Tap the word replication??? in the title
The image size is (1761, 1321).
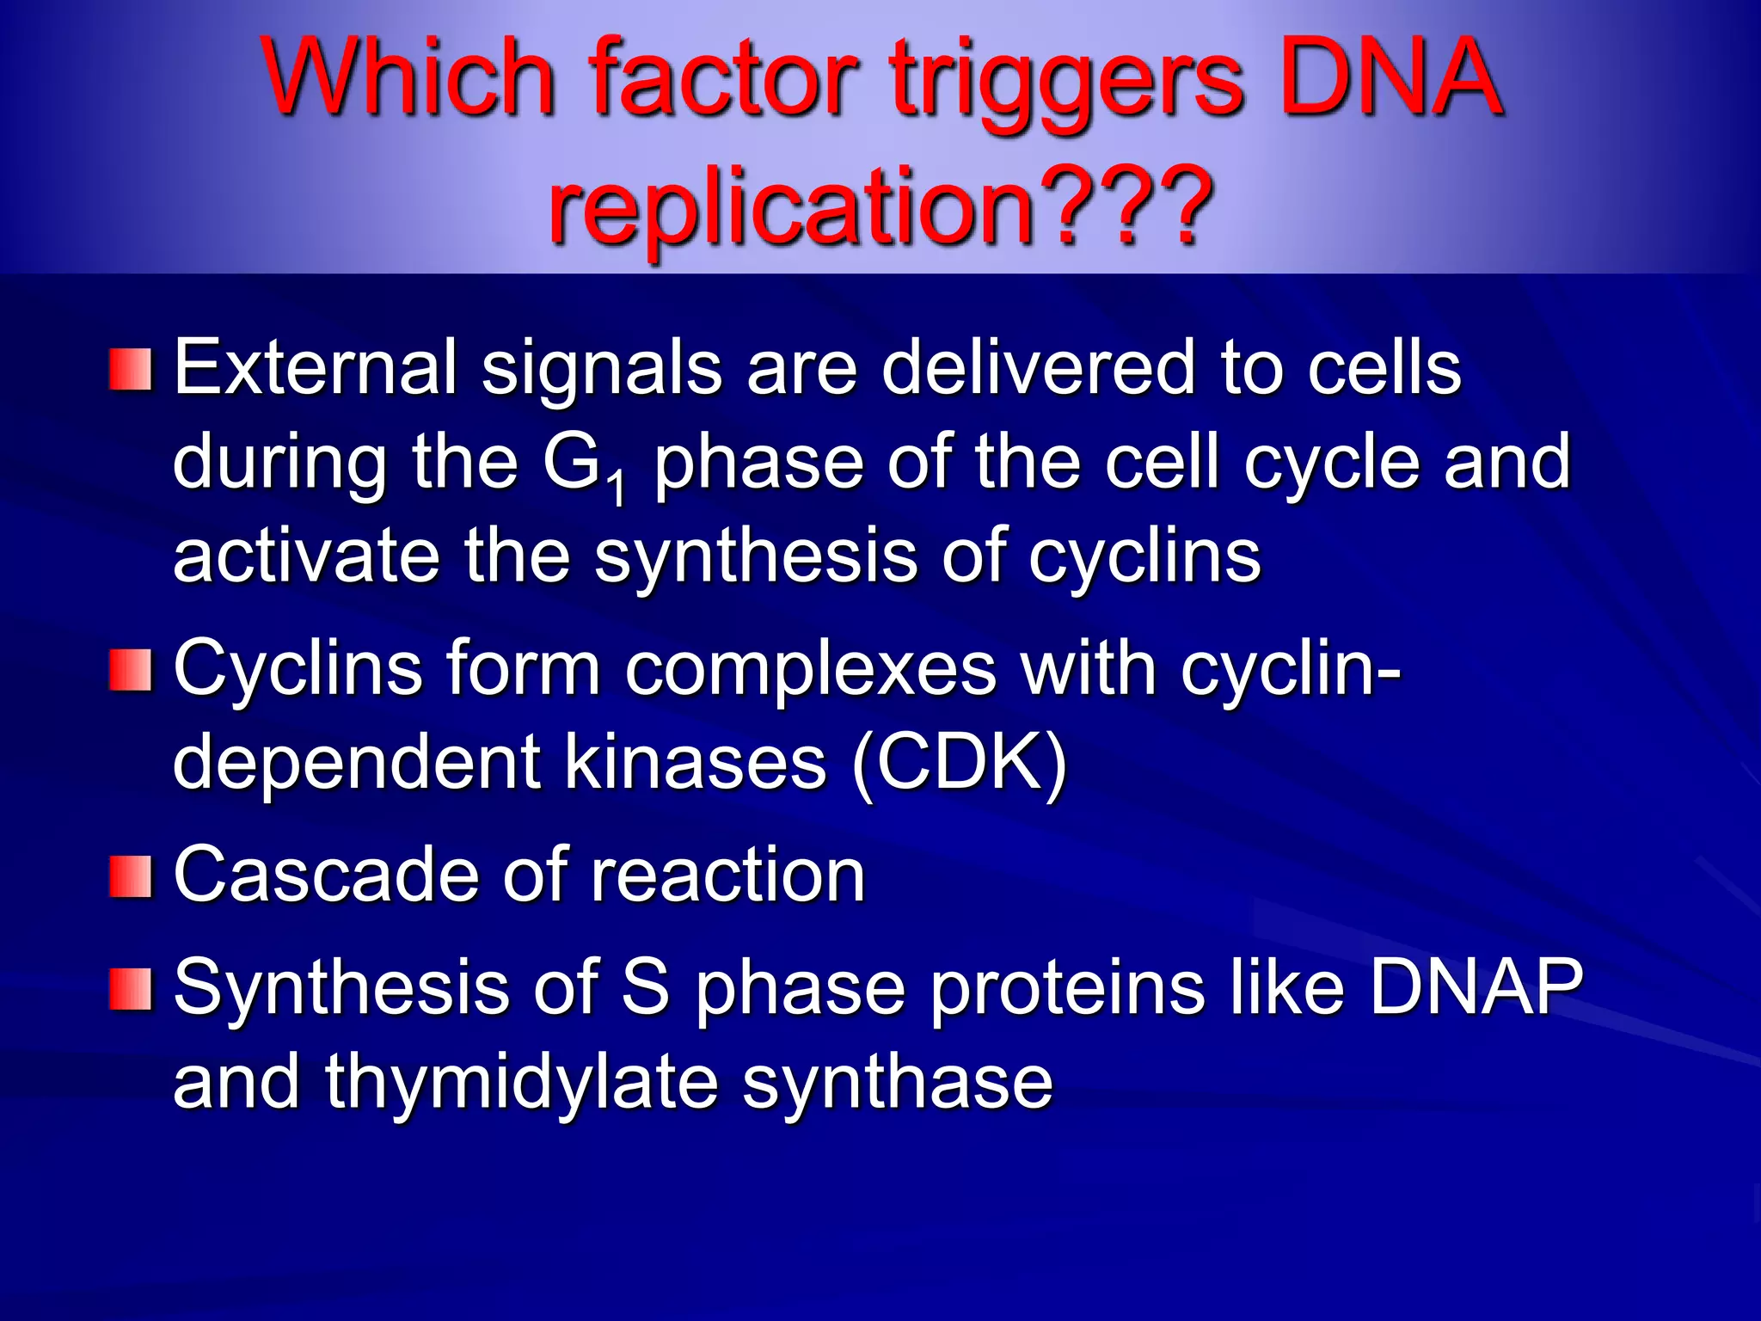coord(880,206)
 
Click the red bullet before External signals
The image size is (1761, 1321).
coord(131,369)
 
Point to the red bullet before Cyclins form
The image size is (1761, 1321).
coord(131,670)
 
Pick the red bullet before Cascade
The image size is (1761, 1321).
coord(131,876)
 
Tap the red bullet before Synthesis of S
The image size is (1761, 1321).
coord(131,988)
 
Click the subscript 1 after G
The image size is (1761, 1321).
coord(617,488)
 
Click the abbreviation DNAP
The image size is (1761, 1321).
coord(1476,986)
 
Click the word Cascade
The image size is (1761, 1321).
coord(325,875)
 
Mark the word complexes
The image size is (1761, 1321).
coord(810,670)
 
